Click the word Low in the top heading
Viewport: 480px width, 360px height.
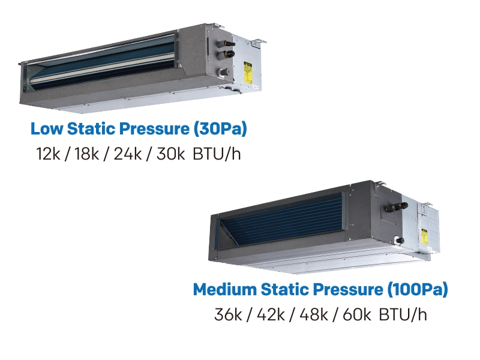point(47,128)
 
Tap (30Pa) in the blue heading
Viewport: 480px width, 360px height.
point(220,129)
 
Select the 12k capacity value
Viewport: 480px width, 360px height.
point(48,154)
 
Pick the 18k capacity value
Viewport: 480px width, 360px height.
point(86,154)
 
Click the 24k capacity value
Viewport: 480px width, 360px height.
point(128,154)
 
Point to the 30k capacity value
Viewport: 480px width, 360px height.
point(170,154)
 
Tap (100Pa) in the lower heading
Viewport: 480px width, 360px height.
point(418,290)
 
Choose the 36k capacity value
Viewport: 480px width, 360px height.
point(228,314)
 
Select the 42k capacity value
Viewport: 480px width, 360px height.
point(271,314)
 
